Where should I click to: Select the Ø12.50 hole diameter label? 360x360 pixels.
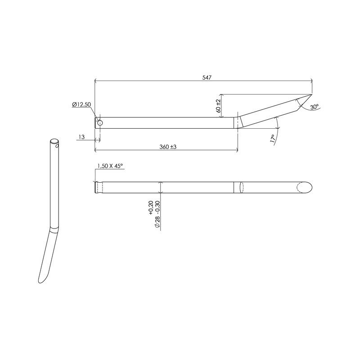81,104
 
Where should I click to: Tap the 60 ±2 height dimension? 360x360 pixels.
218,106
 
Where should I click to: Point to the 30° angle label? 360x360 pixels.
315,107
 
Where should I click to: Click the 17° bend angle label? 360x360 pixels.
272,139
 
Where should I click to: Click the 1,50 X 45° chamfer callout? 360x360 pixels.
110,166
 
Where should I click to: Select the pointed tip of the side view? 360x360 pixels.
310,95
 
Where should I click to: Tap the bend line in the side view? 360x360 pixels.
237,123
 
